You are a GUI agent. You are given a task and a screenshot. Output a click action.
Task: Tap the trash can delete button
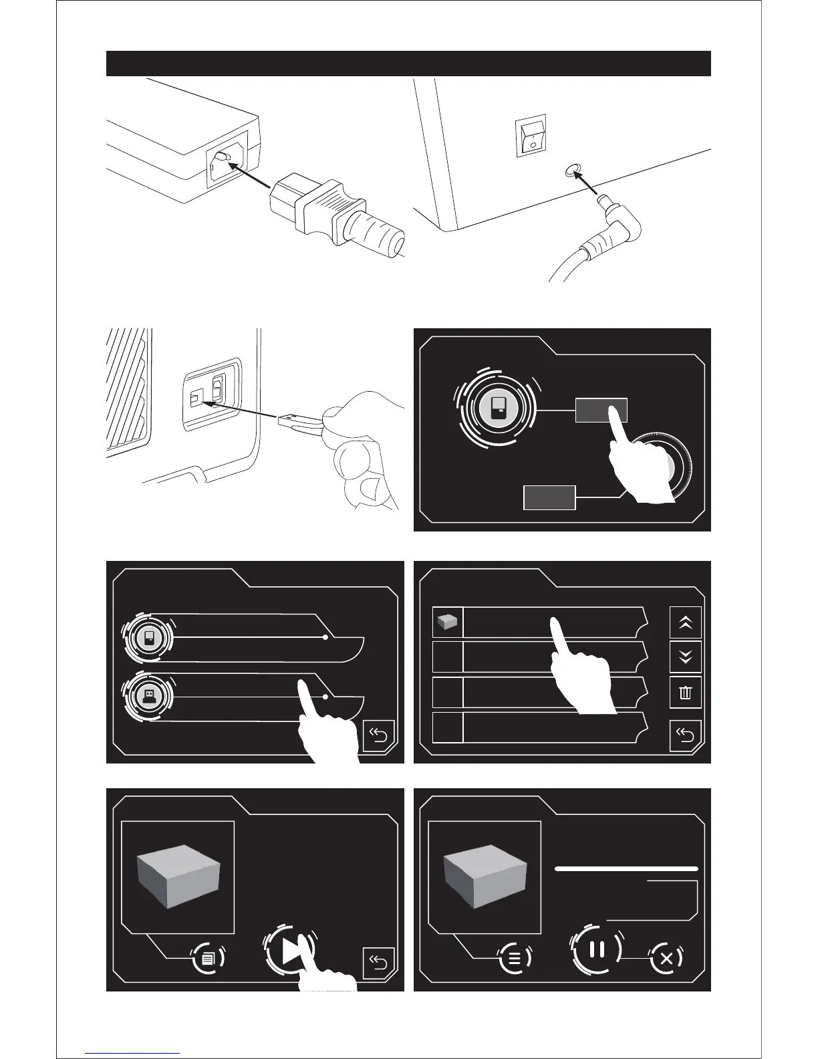685,693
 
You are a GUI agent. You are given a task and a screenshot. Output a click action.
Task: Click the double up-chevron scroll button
685,622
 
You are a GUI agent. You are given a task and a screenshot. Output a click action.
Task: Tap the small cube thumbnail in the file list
447,623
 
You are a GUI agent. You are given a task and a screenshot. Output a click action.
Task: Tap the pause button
597,949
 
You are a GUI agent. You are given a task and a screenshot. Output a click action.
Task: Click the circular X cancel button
666,958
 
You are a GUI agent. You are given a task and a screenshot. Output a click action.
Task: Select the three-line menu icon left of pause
515,957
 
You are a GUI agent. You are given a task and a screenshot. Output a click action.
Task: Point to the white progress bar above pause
626,868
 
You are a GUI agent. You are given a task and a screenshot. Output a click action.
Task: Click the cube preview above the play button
178,876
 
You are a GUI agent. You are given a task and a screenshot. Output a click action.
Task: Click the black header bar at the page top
408,64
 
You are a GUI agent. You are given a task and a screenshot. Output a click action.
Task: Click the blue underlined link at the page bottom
132,1053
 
